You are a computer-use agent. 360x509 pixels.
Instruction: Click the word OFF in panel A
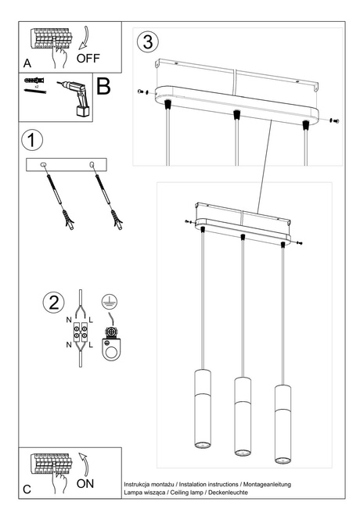click(x=88, y=58)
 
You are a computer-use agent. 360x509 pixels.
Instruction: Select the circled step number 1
click(x=31, y=141)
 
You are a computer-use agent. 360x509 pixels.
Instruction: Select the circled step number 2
click(x=52, y=303)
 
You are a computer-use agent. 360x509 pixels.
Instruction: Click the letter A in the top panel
click(x=27, y=62)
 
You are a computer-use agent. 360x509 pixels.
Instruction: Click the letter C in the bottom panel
click(x=27, y=489)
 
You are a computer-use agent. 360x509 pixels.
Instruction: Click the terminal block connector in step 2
click(x=78, y=334)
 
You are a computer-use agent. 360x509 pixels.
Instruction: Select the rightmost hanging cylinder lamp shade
click(x=282, y=425)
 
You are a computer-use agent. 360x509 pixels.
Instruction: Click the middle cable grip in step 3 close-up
click(x=234, y=116)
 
